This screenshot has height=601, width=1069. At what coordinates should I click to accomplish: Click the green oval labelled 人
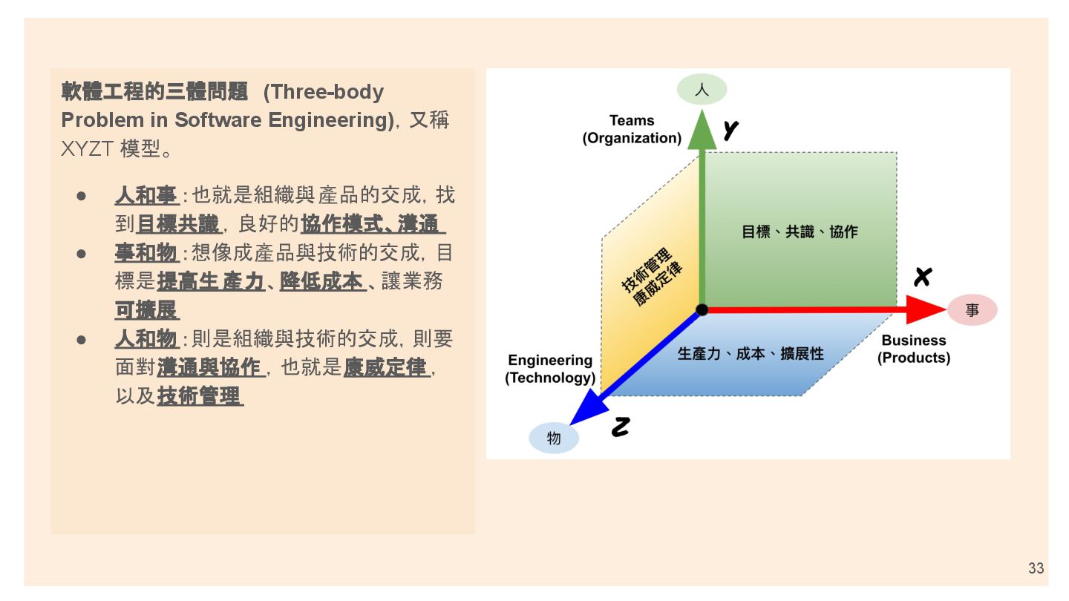click(702, 90)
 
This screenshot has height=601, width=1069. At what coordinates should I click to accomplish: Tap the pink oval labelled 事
click(972, 310)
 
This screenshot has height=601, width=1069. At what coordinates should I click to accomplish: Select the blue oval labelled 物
click(554, 438)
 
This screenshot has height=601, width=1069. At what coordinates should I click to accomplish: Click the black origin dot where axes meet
click(702, 309)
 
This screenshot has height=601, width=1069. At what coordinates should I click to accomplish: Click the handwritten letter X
click(922, 277)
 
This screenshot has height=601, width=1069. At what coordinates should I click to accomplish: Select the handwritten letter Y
click(731, 131)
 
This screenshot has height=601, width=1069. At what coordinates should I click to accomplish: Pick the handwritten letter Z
click(621, 427)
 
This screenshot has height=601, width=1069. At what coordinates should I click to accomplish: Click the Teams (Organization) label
click(632, 129)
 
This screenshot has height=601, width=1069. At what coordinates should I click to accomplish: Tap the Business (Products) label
click(913, 349)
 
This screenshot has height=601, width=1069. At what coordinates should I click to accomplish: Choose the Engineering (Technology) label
click(550, 369)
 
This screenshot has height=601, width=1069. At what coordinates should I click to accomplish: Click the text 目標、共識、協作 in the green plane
click(800, 231)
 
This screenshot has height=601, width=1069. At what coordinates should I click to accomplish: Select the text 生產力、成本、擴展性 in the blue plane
click(751, 354)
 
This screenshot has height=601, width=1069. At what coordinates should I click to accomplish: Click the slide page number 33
click(1036, 568)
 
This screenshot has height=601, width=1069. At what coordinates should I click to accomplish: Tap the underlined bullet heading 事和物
click(146, 253)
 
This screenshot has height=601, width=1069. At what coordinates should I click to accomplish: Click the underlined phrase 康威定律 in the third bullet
click(385, 367)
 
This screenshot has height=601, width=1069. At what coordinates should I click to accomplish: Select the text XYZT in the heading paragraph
click(87, 148)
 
